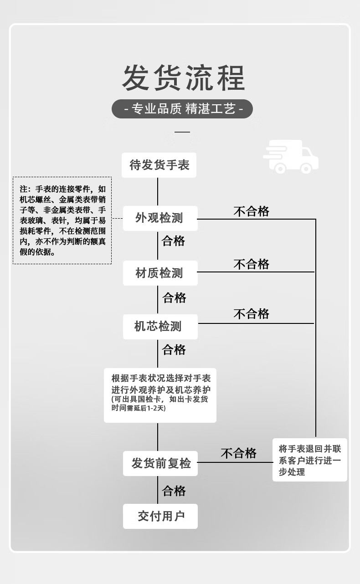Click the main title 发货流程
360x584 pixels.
coord(183,78)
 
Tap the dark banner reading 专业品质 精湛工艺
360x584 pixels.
coord(182,109)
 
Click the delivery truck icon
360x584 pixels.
coord(291,157)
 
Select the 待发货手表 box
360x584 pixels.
coord(159,165)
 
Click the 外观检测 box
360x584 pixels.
coord(160,218)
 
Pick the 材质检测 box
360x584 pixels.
coord(160,273)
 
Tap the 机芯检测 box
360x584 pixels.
coord(160,327)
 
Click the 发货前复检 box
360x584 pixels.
coord(160,463)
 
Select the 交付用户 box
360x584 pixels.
coord(160,516)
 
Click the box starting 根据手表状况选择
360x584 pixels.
coord(160,395)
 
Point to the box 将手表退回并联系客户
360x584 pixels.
coord(310,460)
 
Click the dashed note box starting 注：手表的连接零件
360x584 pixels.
coord(62,220)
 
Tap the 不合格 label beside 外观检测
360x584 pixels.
coord(251,211)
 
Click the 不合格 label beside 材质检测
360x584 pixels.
coord(251,264)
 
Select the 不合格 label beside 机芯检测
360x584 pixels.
coord(251,314)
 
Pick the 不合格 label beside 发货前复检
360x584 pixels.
coord(239,453)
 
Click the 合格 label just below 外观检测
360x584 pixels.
coord(173,241)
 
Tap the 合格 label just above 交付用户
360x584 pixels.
coord(174,491)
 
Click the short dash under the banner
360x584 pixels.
coord(182,132)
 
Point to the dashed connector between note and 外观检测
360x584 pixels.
coord(118,218)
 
